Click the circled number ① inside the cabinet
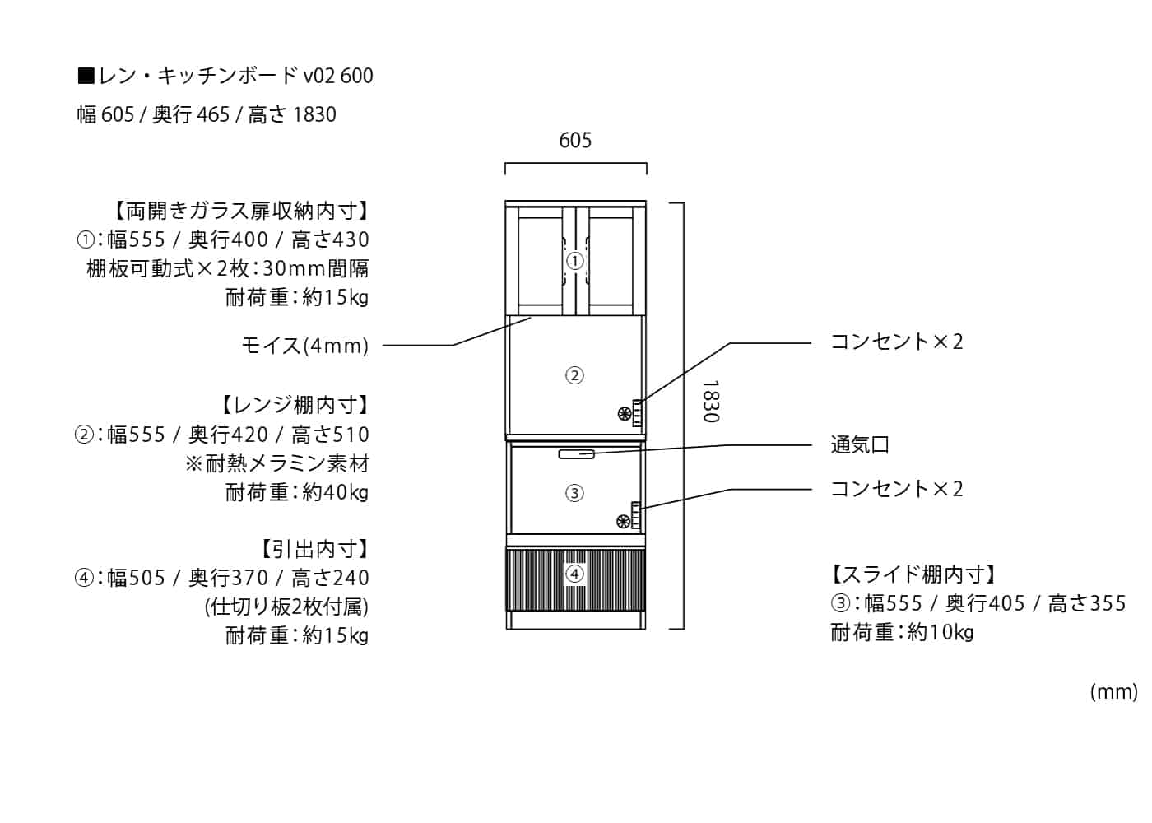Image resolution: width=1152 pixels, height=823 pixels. tap(574, 261)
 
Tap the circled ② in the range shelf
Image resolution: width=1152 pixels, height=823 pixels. tap(574, 375)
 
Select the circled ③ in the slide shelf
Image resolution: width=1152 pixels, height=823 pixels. tap(574, 493)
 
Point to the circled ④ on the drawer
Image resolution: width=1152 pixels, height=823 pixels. tap(574, 574)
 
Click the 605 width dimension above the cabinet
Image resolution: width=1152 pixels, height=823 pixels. tap(575, 141)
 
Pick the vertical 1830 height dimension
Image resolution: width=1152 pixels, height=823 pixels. tap(711, 402)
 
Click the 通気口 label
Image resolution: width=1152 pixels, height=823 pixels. tap(860, 445)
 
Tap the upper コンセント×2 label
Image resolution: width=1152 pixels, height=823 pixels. tap(897, 342)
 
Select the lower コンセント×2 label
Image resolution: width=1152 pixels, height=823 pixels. tap(897, 489)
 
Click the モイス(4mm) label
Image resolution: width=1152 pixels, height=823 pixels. tap(305, 346)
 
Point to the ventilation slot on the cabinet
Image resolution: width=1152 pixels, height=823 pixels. tap(577, 453)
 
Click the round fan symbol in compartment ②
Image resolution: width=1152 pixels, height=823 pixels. tap(625, 413)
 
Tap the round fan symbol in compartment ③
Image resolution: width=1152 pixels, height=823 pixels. tap(624, 522)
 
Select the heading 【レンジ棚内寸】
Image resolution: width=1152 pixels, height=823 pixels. tap(295, 405)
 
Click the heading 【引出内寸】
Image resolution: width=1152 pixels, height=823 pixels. tap(314, 550)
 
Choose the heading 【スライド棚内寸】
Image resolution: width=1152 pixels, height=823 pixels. tap(913, 574)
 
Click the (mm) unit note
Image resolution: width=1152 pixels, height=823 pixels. tap(1114, 692)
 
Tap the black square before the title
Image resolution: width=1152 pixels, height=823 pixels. tap(86, 76)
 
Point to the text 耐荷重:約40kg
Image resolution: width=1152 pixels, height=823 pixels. tap(297, 493)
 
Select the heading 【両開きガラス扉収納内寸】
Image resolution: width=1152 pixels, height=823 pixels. tap(240, 211)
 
